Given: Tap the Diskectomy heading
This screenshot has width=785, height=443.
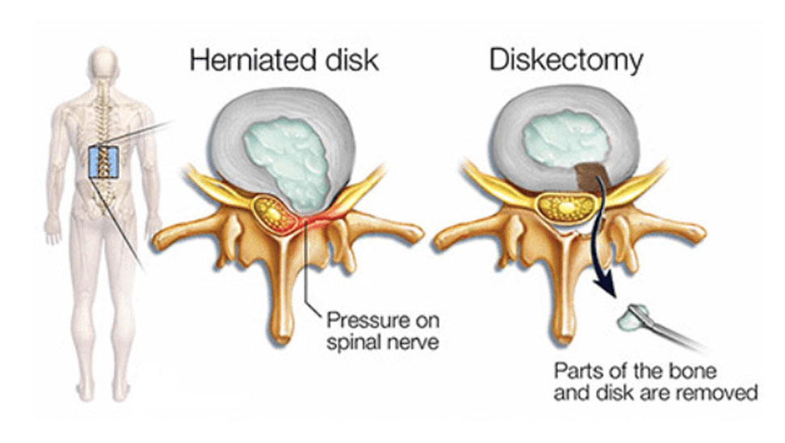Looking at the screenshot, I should point(566,60).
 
